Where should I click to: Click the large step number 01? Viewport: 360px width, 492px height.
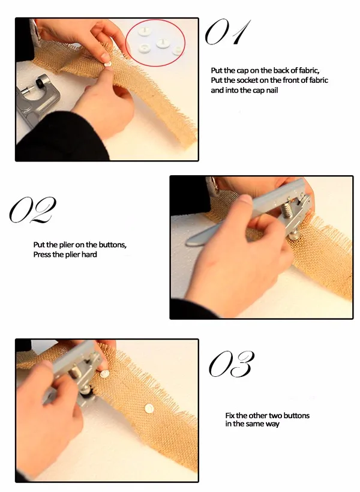click(x=227, y=32)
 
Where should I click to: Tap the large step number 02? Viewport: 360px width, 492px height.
click(x=32, y=210)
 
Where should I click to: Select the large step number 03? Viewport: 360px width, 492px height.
click(x=232, y=364)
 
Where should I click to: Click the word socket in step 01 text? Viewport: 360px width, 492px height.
click(x=247, y=80)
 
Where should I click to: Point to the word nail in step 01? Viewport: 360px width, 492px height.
click(x=272, y=91)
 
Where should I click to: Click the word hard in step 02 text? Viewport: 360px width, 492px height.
click(x=89, y=254)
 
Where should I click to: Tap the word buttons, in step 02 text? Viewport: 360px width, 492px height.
click(x=113, y=245)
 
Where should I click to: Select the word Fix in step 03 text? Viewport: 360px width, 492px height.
click(x=229, y=415)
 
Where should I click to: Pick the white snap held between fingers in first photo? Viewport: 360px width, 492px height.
click(x=107, y=64)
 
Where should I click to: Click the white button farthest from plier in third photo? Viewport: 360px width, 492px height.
click(x=149, y=408)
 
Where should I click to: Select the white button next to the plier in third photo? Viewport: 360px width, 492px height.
click(x=104, y=374)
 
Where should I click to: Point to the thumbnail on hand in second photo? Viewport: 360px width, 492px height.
click(x=245, y=199)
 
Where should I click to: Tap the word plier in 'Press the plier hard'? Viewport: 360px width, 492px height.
click(x=73, y=254)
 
